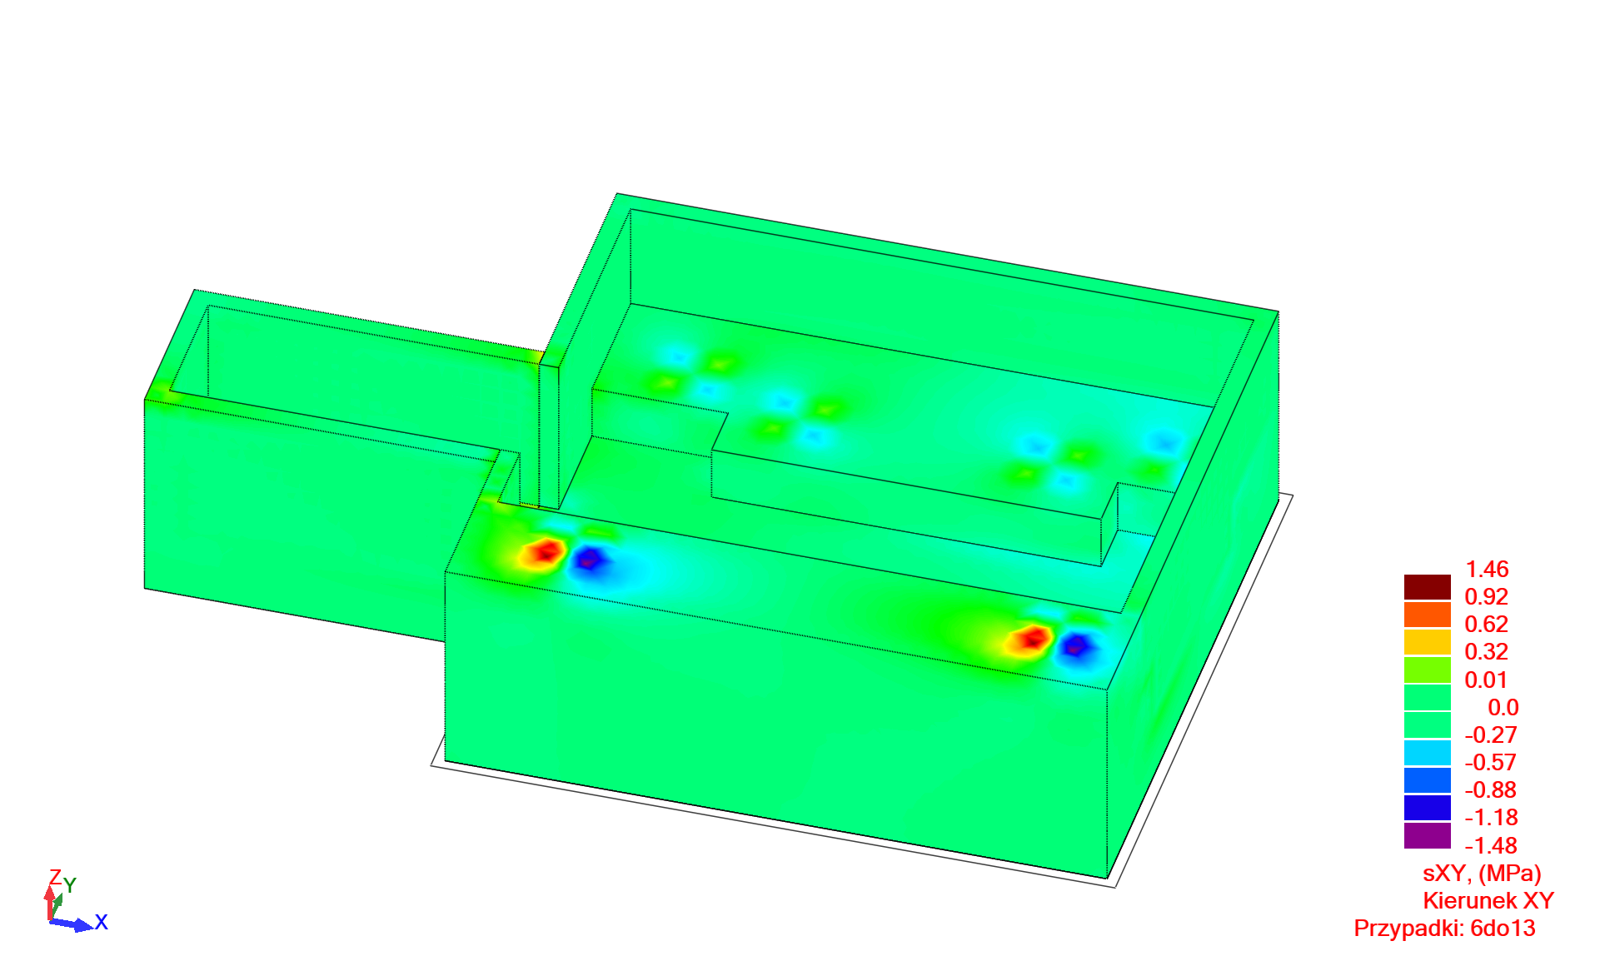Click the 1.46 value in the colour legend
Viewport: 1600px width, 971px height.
[x=1487, y=570]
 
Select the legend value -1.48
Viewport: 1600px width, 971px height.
[x=1491, y=846]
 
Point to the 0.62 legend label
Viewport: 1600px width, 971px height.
[x=1487, y=625]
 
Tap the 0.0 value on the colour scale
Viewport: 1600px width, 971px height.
[x=1503, y=708]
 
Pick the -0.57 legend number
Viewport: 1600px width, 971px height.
[x=1491, y=763]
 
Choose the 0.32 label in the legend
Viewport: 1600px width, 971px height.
[x=1487, y=652]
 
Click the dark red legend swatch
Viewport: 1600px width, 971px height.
[x=1428, y=587]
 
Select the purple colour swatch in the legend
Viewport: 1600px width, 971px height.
[x=1428, y=836]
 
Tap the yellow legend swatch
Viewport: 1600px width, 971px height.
[x=1428, y=642]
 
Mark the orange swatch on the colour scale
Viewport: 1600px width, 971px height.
[x=1428, y=615]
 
